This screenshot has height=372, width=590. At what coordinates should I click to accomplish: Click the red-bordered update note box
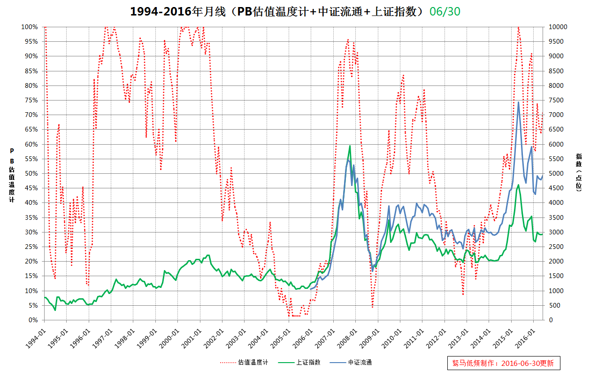(503, 363)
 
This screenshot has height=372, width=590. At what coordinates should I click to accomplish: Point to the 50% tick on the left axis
(31, 173)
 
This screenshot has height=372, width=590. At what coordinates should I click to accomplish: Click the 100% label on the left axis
(30, 27)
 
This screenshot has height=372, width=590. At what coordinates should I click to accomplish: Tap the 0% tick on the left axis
(33, 320)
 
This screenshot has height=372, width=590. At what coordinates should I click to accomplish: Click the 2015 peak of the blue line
(518, 102)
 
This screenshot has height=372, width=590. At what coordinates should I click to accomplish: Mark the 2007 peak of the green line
(350, 146)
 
